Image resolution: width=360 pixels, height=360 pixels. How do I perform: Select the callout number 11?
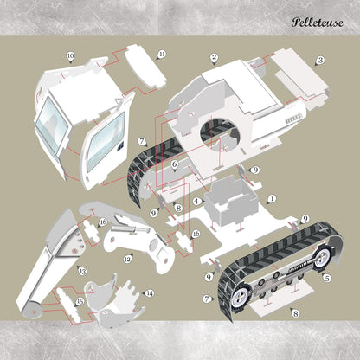[x=162, y=54]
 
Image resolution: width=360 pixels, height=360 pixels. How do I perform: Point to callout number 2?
[x=214, y=58]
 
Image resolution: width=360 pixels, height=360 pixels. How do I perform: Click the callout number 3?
[x=319, y=61]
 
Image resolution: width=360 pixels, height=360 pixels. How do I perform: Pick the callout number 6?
[x=174, y=164]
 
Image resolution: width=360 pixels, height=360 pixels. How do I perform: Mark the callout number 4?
[x=197, y=202]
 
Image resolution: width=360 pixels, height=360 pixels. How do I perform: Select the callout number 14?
[x=148, y=293]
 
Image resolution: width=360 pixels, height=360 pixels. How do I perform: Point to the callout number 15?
[x=80, y=301]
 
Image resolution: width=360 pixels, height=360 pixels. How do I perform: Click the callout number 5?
[x=326, y=278]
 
